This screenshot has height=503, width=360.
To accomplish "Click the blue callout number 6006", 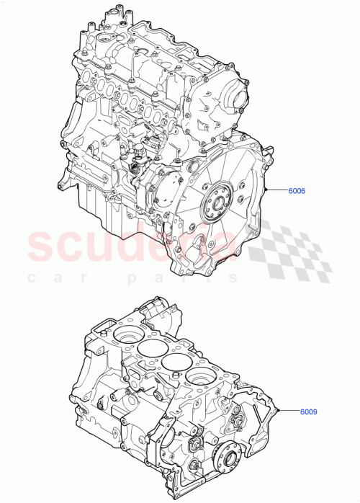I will click(x=297, y=191).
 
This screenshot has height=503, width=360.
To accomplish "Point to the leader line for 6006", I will click(x=277, y=191).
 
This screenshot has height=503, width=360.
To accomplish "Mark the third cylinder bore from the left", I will click(x=174, y=362).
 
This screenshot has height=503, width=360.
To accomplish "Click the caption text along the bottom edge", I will click(x=180, y=498).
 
